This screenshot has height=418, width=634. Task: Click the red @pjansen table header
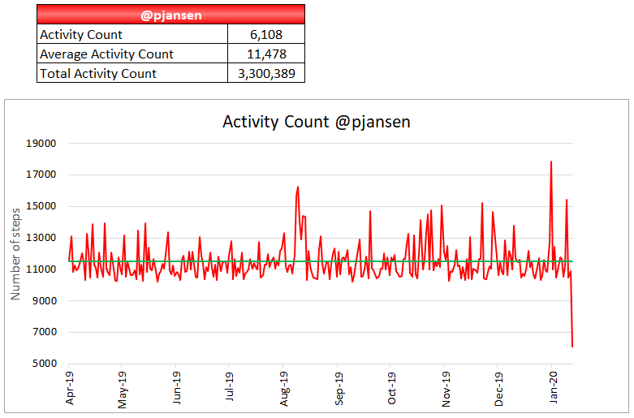(170, 14)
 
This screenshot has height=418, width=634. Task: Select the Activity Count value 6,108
(266, 34)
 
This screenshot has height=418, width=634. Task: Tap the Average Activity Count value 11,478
(266, 54)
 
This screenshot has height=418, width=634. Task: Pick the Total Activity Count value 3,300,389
(266, 73)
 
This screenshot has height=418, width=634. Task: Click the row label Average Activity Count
(106, 54)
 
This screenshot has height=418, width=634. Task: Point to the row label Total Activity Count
(98, 73)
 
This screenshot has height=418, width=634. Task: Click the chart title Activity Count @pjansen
(317, 122)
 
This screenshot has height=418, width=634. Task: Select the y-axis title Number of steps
(15, 252)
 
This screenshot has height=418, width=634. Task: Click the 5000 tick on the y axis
(44, 364)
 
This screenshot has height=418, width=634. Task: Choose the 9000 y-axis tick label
(44, 301)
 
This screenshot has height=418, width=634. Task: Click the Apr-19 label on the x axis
(70, 389)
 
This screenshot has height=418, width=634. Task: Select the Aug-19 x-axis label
(284, 389)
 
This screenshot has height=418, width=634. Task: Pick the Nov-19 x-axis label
(446, 389)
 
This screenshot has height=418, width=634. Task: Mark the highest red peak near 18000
(551, 162)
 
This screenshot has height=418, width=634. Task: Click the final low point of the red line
(572, 347)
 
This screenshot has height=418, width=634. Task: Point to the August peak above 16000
(298, 187)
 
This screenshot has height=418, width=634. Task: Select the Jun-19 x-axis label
(177, 389)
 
